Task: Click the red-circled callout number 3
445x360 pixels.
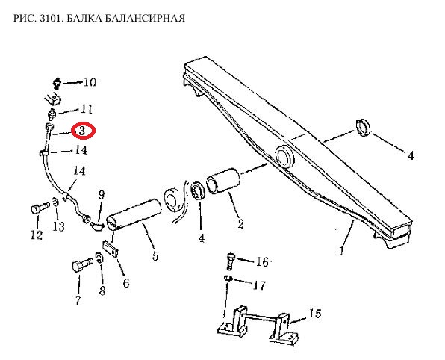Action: pos(82,131)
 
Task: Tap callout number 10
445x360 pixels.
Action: pos(90,82)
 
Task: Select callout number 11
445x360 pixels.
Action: pos(87,109)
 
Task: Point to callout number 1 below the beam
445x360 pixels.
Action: pos(342,251)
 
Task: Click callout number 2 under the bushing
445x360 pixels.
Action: pos(240,224)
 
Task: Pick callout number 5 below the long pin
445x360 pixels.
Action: pos(155,255)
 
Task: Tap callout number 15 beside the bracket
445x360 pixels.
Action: pos(315,314)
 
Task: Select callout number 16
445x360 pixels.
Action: pos(262,261)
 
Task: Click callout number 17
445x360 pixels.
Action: pos(259,285)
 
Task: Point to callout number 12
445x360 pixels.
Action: pos(37,235)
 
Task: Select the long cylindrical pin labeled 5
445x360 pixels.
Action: pos(134,214)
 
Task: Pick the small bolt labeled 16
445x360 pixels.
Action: pos(231,261)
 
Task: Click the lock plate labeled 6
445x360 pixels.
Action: pos(110,249)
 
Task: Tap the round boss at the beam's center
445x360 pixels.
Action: pos(284,156)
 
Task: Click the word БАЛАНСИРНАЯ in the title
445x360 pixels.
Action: pos(143,18)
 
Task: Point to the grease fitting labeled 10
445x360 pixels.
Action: pos(57,84)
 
